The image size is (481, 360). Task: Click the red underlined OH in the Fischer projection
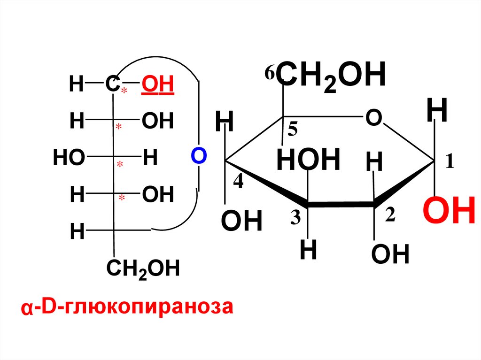(158, 86)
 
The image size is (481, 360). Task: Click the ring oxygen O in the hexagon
(372, 118)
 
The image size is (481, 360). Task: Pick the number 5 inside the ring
(294, 130)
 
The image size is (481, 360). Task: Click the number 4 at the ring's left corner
(238, 182)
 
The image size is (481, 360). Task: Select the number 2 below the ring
(391, 215)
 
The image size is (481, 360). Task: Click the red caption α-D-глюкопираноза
(126, 308)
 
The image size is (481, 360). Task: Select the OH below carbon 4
(241, 222)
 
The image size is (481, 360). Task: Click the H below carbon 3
(309, 251)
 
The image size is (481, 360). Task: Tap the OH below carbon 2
(390, 256)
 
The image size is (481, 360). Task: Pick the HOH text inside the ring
(308, 160)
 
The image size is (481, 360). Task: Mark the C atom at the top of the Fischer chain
(111, 85)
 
